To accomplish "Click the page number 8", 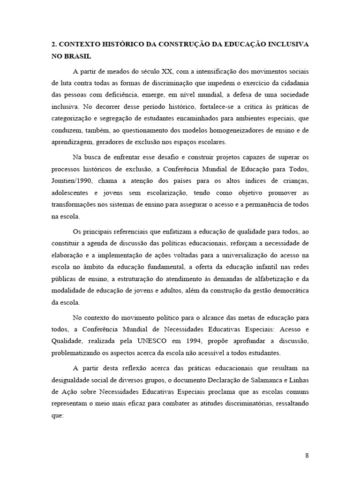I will tap(307, 455).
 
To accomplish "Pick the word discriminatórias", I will tap(248, 403).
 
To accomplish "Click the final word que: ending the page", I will tap(57, 415).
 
